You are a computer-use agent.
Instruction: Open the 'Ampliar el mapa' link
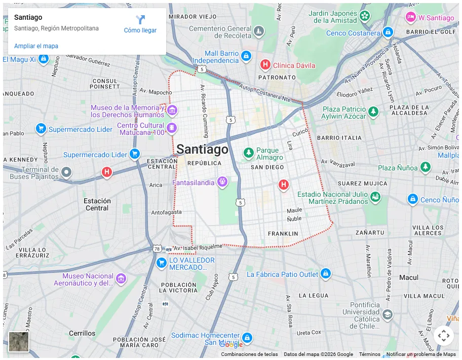[x=36, y=46]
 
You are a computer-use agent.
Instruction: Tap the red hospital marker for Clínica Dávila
[x=265, y=65]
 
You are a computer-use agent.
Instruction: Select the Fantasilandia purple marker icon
[x=222, y=182]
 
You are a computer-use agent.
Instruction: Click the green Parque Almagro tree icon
[x=248, y=153]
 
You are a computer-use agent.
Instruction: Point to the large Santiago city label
[x=202, y=150]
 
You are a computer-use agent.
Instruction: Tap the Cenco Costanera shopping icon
[x=388, y=32]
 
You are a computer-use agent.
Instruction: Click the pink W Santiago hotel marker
[x=411, y=17]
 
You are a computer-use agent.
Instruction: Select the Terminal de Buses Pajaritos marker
[x=66, y=173]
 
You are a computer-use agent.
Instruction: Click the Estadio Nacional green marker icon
[x=375, y=197]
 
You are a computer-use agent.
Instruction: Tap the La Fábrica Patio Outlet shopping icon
[x=326, y=274]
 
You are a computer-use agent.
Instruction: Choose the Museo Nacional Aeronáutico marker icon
[x=121, y=278]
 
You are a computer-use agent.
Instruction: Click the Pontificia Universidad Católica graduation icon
[x=388, y=315]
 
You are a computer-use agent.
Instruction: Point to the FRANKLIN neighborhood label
[x=283, y=234]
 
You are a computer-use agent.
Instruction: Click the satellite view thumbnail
[x=19, y=341]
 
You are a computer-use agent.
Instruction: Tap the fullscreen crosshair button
[x=443, y=335]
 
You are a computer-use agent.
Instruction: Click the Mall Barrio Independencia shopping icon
[x=246, y=56]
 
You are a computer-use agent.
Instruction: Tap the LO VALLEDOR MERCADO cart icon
[x=162, y=263]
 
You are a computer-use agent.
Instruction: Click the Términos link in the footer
[x=370, y=354]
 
